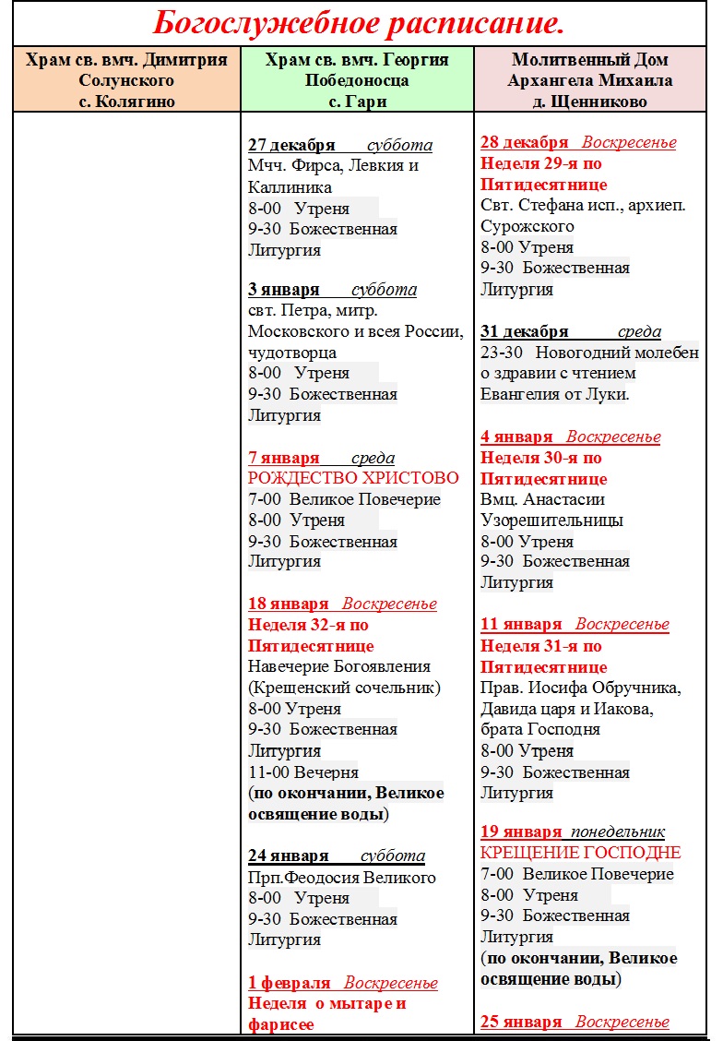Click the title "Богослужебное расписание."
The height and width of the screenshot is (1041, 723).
(359, 21)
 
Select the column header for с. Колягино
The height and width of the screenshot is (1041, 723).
(126, 80)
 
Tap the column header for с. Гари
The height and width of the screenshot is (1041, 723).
(357, 80)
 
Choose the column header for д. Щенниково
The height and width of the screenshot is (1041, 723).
(590, 80)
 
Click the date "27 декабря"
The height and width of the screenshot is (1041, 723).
(294, 146)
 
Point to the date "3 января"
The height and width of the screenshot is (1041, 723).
(284, 290)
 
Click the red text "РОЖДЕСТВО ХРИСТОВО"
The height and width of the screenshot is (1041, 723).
(353, 478)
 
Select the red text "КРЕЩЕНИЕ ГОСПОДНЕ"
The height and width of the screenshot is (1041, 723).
(581, 853)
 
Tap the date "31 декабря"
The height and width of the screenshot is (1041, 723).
(525, 332)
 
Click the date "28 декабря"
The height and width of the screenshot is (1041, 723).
(525, 143)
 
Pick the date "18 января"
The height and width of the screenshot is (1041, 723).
(289, 604)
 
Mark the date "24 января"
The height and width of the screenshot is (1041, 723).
(289, 856)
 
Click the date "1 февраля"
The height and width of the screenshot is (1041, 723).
(290, 983)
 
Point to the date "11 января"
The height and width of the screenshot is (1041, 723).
(521, 625)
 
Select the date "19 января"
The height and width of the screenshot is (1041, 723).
(521, 832)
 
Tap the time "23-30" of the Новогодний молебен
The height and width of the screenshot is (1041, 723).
(502, 353)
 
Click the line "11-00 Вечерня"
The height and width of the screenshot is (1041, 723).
(303, 772)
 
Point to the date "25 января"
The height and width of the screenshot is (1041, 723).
(521, 1022)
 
